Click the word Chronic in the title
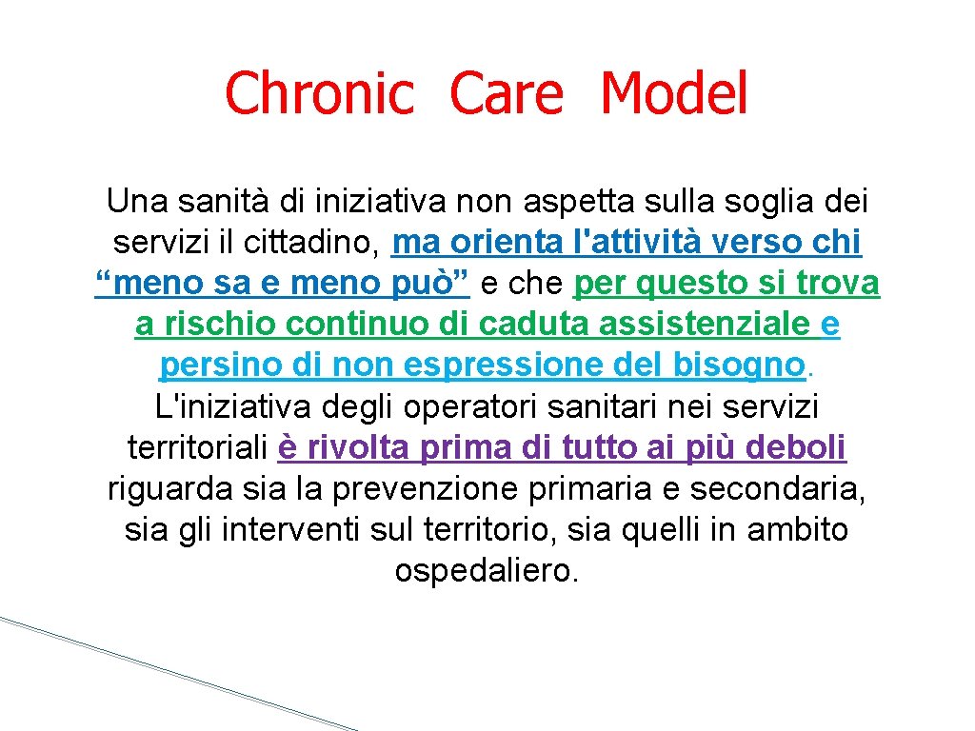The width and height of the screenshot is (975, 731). pyautogui.click(x=319, y=94)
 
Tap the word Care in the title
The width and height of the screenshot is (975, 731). pyautogui.click(x=506, y=94)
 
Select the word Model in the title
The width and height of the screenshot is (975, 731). pyautogui.click(x=674, y=94)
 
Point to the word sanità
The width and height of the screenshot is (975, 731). pyautogui.click(x=224, y=202)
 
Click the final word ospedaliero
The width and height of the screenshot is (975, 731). pyautogui.click(x=487, y=570)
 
